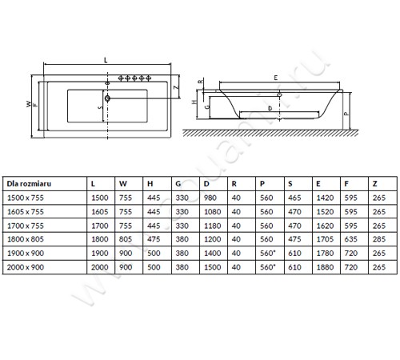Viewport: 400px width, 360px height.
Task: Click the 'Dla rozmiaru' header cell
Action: [29, 183]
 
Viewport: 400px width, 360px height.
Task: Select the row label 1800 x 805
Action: [26, 239]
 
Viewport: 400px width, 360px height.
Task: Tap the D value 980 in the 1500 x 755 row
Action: [210, 198]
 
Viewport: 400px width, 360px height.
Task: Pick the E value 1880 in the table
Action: [325, 267]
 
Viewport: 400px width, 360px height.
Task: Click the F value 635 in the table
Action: [350, 239]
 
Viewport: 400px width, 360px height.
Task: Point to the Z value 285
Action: [379, 239]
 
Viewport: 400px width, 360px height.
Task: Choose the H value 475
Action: [154, 239]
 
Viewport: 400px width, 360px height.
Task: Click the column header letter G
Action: [178, 184]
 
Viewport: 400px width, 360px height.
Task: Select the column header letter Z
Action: [375, 184]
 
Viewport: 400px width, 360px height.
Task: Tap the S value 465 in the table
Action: [294, 198]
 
